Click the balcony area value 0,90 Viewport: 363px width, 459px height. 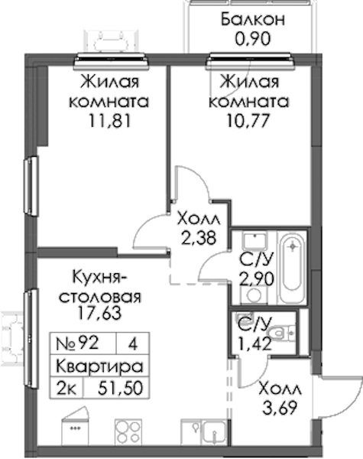[253, 39]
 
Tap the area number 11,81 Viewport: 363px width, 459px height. [110, 121]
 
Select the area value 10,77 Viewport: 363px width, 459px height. [248, 121]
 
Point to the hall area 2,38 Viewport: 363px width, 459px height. [199, 239]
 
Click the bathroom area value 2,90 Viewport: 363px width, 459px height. [257, 278]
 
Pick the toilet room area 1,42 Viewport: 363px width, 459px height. [254, 343]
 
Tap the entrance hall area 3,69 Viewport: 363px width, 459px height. [280, 408]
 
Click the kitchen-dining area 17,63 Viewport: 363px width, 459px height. [99, 313]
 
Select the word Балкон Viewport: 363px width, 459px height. [253, 20]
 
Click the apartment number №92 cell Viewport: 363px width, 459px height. [77, 343]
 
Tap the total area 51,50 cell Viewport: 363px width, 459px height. [121, 389]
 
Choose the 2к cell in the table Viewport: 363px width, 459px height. [66, 389]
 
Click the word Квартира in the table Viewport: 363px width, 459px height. [99, 366]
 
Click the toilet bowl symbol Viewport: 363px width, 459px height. [280, 333]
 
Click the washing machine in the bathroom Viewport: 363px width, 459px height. [253, 295]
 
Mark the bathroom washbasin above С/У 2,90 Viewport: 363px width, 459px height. [254, 241]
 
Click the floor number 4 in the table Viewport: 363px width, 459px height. [133, 343]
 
